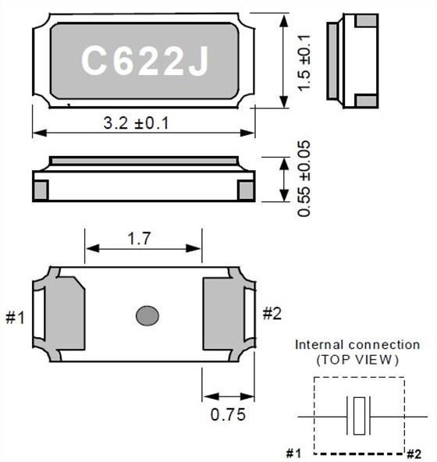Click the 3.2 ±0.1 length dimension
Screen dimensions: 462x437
[137, 123]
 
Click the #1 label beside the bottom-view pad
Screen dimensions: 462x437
[16, 318]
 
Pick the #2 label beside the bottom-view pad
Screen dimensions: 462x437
[272, 314]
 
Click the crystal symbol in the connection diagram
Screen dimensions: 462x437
[358, 415]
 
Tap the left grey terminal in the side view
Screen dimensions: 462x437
[41, 189]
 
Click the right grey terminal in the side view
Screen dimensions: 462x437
[245, 189]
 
